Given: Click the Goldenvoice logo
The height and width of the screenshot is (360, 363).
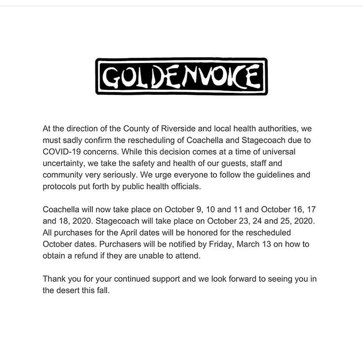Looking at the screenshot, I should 181,76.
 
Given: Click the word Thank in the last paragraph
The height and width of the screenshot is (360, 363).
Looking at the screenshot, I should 55,279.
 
